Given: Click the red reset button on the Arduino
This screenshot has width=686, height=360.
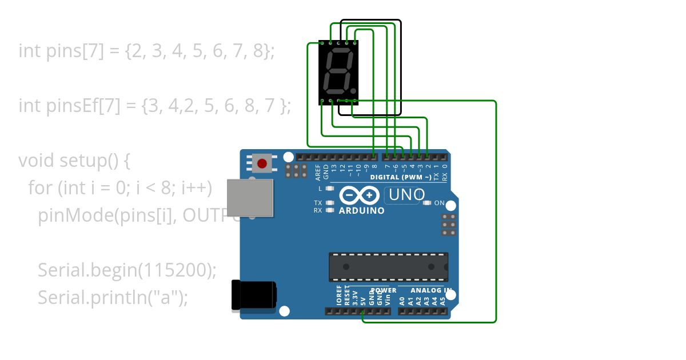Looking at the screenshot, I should [262, 164].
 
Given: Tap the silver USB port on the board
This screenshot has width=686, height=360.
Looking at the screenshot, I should [250, 198].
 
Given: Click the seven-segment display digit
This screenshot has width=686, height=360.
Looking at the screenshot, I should [338, 73].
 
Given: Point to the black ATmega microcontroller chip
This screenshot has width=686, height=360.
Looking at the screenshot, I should [388, 267].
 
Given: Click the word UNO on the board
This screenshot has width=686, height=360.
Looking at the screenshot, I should [406, 195].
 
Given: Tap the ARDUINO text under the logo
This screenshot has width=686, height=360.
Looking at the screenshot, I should [362, 210].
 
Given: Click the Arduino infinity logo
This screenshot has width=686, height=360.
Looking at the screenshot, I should [359, 195].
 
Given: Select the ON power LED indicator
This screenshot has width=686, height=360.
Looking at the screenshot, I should [426, 203].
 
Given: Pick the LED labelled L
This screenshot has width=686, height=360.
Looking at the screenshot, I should [329, 188].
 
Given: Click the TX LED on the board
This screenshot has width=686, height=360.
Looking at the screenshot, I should [329, 203].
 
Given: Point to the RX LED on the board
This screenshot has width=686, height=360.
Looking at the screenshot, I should [329, 210].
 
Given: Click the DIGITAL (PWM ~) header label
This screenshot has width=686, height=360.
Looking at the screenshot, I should [400, 177].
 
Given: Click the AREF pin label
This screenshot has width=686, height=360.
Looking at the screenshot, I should [318, 172].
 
